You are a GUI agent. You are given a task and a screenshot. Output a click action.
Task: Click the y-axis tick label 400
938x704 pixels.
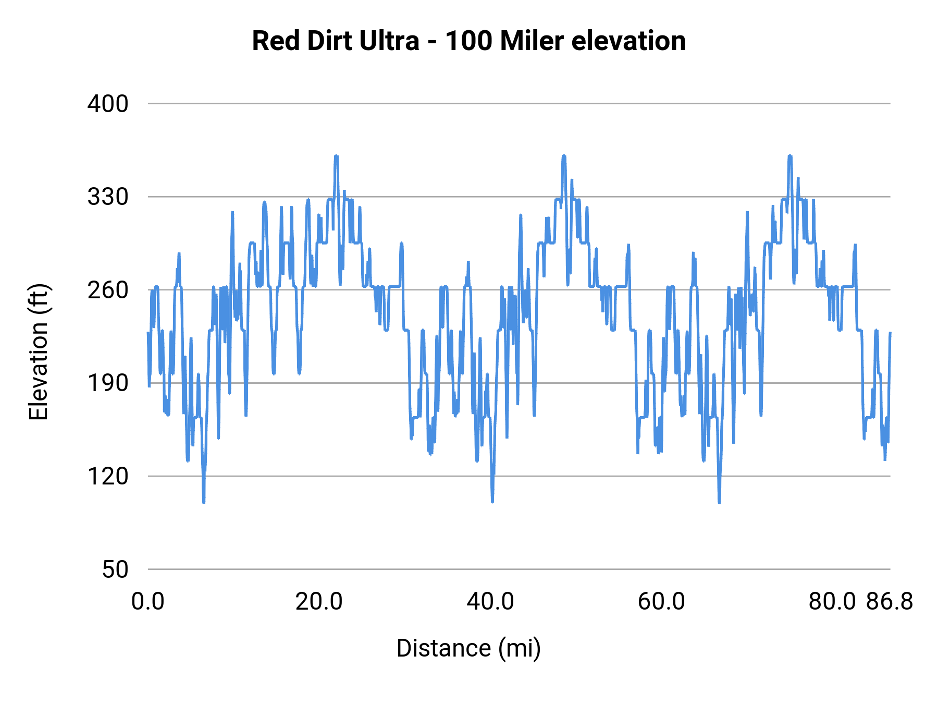107,104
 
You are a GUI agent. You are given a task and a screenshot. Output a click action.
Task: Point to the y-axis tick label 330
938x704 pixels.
107,197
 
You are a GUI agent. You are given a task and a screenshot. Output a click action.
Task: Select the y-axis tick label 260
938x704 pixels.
107,290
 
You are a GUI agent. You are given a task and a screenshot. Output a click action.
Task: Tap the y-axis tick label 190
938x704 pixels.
107,383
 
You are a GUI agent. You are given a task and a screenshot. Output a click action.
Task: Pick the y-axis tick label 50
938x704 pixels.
115,569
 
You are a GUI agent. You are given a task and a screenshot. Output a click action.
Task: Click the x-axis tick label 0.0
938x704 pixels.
148,602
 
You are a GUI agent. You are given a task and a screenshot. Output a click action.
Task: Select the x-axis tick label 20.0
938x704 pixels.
319,602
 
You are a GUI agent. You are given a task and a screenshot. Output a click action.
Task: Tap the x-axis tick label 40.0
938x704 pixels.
490,602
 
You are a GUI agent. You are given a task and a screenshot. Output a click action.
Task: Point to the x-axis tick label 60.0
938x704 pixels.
661,602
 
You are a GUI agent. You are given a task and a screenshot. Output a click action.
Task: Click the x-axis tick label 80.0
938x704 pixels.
832,602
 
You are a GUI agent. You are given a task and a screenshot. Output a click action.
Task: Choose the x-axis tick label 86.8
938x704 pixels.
890,602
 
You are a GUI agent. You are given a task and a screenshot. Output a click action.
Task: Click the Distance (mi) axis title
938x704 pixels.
468,649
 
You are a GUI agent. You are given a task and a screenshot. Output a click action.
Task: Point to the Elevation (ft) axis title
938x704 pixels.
39,352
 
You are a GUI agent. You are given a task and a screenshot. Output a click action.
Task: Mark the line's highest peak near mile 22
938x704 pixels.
336,156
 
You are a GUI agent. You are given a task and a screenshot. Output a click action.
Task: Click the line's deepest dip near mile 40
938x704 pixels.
492,501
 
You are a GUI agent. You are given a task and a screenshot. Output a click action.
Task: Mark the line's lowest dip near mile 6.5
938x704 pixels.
204,502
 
